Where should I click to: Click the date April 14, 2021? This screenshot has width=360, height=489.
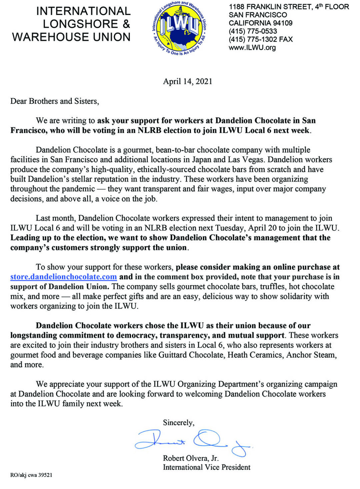click(x=187, y=81)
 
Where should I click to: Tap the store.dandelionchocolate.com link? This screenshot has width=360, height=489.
click(x=63, y=277)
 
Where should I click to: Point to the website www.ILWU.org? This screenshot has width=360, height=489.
click(x=252, y=47)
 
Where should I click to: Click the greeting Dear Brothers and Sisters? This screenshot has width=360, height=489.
click(x=55, y=101)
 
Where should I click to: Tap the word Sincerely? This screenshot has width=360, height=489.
click(x=178, y=423)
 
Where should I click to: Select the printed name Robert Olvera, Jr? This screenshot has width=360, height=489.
click(x=191, y=458)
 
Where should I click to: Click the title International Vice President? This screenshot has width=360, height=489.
click(x=207, y=467)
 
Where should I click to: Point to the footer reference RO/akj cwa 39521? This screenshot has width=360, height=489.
click(x=31, y=475)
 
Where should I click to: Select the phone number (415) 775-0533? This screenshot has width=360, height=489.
click(x=253, y=31)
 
